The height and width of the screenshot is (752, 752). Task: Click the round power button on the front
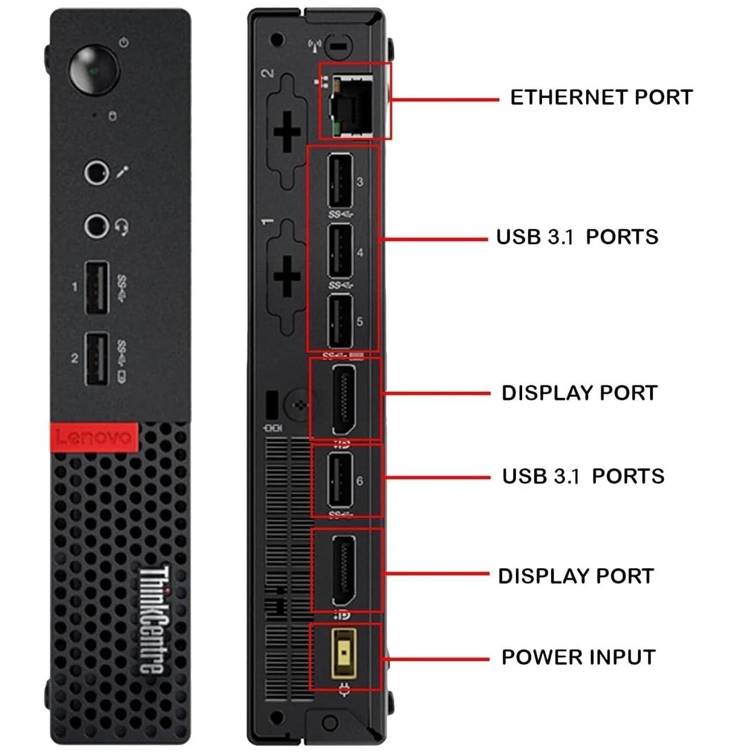94,70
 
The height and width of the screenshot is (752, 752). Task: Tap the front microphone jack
96,173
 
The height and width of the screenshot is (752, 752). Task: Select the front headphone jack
96,225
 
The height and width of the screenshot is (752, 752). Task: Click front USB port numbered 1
96,287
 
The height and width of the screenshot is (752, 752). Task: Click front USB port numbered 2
96,358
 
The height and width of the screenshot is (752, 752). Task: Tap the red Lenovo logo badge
94,437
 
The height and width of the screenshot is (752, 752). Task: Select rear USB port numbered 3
340,181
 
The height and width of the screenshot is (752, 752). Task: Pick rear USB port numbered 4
340,251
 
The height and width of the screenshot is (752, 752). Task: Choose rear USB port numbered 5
340,321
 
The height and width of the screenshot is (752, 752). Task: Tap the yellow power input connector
344,654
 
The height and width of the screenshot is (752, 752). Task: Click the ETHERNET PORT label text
601,97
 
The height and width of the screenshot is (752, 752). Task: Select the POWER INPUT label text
578,657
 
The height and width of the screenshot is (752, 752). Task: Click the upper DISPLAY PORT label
579,393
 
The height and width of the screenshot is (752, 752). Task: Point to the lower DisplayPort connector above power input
344,570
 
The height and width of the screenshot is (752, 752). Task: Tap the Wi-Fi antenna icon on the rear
315,46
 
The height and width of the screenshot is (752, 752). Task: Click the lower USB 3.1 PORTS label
583,476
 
